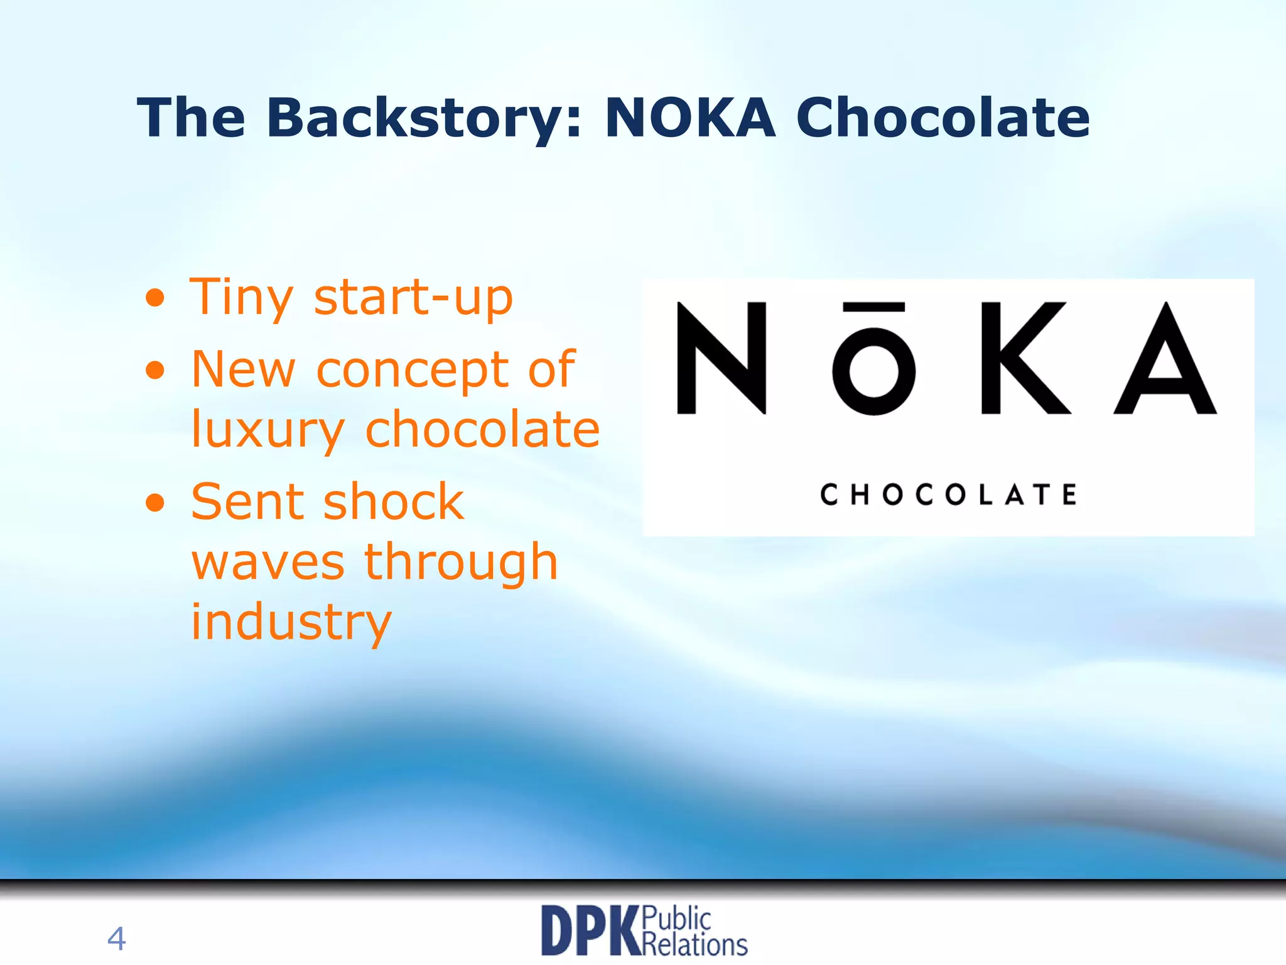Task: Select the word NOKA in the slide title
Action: (689, 118)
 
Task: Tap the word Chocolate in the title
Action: (942, 118)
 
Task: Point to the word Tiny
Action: (240, 298)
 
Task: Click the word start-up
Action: (413, 298)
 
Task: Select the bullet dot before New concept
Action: (154, 370)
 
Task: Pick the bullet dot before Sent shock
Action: (154, 503)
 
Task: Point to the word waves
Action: (267, 562)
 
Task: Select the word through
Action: (461, 562)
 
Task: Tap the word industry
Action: (291, 622)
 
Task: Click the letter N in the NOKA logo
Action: (721, 357)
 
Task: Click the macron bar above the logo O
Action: (873, 307)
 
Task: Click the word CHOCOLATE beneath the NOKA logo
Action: (948, 494)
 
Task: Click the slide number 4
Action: (116, 939)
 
